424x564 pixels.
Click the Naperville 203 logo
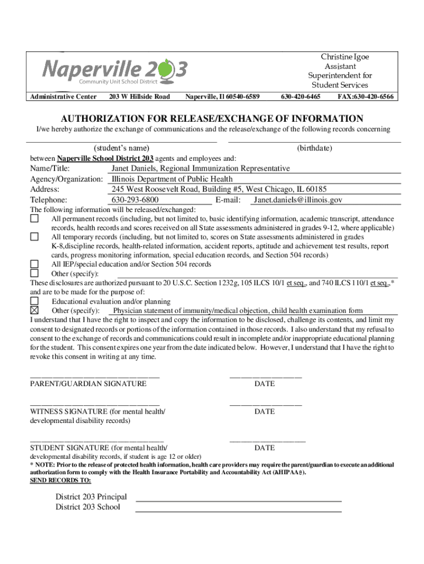coord(115,70)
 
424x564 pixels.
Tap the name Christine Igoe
coord(345,57)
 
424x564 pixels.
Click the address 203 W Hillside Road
coord(139,97)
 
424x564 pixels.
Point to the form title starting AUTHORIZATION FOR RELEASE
coord(212,118)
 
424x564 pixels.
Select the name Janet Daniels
coord(137,168)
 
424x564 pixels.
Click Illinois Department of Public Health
coord(172,179)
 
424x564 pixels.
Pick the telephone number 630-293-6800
coord(135,200)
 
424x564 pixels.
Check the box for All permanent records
coord(34,219)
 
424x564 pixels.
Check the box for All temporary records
coord(34,237)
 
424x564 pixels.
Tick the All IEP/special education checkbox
coord(34,264)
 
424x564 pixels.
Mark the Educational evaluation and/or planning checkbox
coord(34,301)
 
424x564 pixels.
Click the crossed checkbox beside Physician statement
coord(34,311)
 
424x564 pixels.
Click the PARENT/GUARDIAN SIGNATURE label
coord(88,383)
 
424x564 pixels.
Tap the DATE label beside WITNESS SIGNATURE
coord(264,411)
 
